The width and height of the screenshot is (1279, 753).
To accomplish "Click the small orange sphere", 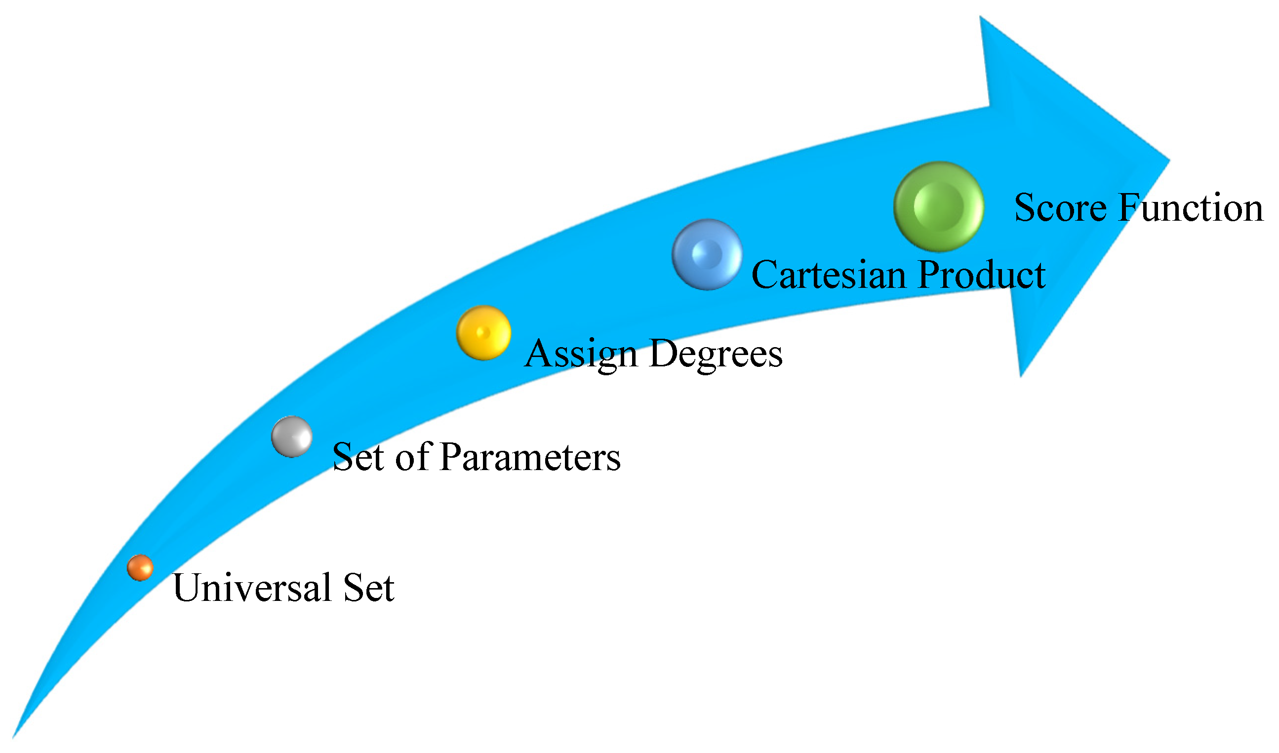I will (140, 568).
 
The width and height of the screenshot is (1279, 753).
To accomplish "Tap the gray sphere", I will (292, 437).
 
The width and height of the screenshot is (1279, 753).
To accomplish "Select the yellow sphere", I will (483, 333).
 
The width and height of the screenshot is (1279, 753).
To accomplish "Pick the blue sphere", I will (707, 255).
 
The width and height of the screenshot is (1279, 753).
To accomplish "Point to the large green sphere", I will (939, 206).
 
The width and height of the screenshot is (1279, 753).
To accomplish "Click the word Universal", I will (252, 588).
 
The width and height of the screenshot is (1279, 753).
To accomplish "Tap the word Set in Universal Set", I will (368, 588).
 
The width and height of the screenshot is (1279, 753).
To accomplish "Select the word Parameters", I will (530, 457).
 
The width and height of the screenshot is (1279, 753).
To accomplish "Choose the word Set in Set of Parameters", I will (358, 457).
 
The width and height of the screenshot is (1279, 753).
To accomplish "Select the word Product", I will (982, 275).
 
